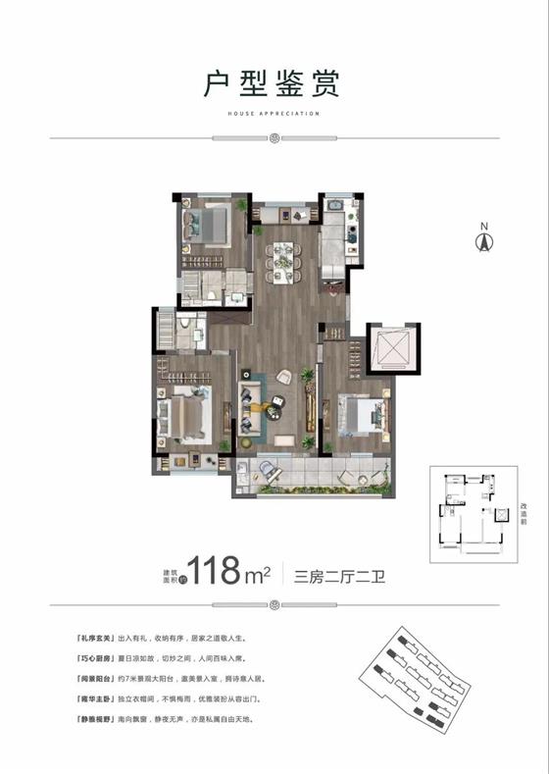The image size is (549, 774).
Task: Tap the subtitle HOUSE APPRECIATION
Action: pos(274,115)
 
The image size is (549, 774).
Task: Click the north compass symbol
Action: pos(482,239)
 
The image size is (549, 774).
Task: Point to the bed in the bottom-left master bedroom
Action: pos(187,413)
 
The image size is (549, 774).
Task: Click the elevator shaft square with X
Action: pos(393,349)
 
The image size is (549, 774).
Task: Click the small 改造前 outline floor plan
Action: pos(472,510)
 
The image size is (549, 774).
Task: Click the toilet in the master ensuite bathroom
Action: pos(185,327)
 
